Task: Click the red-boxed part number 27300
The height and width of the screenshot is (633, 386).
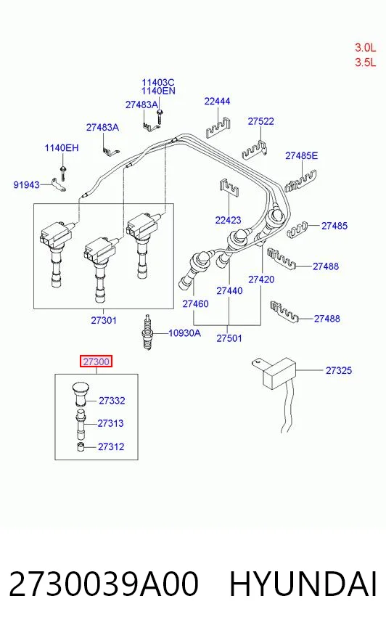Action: click(96, 362)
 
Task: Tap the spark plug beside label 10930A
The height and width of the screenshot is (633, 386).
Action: click(147, 332)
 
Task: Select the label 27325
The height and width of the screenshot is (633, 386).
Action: click(338, 370)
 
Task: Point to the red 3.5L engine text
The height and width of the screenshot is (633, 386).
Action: click(366, 62)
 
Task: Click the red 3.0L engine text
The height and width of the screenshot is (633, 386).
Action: click(366, 47)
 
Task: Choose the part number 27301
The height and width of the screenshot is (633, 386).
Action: click(104, 320)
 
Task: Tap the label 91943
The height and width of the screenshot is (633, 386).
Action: click(27, 185)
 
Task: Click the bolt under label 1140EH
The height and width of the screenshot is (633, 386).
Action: click(63, 172)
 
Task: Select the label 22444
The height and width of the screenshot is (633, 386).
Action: click(217, 101)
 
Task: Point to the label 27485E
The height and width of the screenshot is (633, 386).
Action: click(301, 155)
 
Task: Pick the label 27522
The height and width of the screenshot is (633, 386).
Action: click(260, 121)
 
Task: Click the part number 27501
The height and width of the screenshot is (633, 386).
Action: click(229, 338)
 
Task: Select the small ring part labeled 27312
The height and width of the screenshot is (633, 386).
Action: click(81, 447)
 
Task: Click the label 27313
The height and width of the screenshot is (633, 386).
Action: click(110, 423)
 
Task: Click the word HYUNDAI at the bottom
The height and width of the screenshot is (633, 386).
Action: click(303, 584)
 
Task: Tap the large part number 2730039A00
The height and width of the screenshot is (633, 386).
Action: click(104, 584)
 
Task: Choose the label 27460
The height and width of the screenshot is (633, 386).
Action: click(195, 303)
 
